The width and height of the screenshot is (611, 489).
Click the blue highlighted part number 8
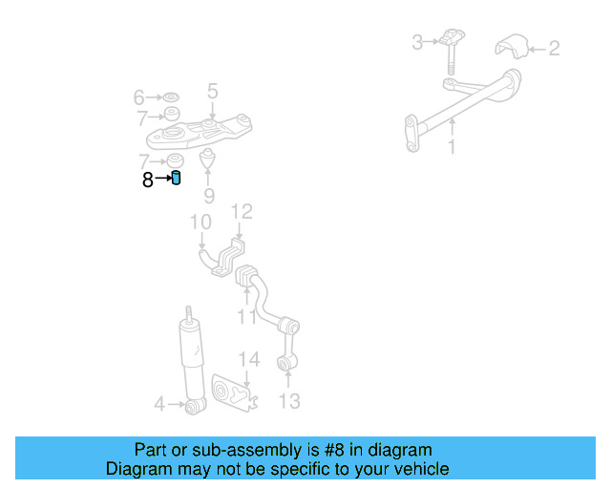tap(177, 178)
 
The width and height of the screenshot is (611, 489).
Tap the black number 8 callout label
tap(148, 179)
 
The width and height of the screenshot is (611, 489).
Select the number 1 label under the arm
tap(453, 147)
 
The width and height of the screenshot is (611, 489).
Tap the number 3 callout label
tap(417, 42)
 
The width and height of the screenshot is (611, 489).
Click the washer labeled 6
tap(172, 97)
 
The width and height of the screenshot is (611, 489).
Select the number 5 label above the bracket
tap(212, 92)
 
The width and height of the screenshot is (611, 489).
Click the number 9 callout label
tap(209, 197)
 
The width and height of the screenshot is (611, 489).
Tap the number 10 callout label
tap(200, 223)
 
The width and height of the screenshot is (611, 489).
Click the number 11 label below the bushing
tap(247, 317)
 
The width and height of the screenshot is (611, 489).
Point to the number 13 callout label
tap(288, 401)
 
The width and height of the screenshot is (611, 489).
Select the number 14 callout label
tap(248, 359)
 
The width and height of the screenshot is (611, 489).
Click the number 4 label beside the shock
tap(159, 405)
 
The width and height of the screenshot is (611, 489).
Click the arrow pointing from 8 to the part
tap(162, 179)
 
